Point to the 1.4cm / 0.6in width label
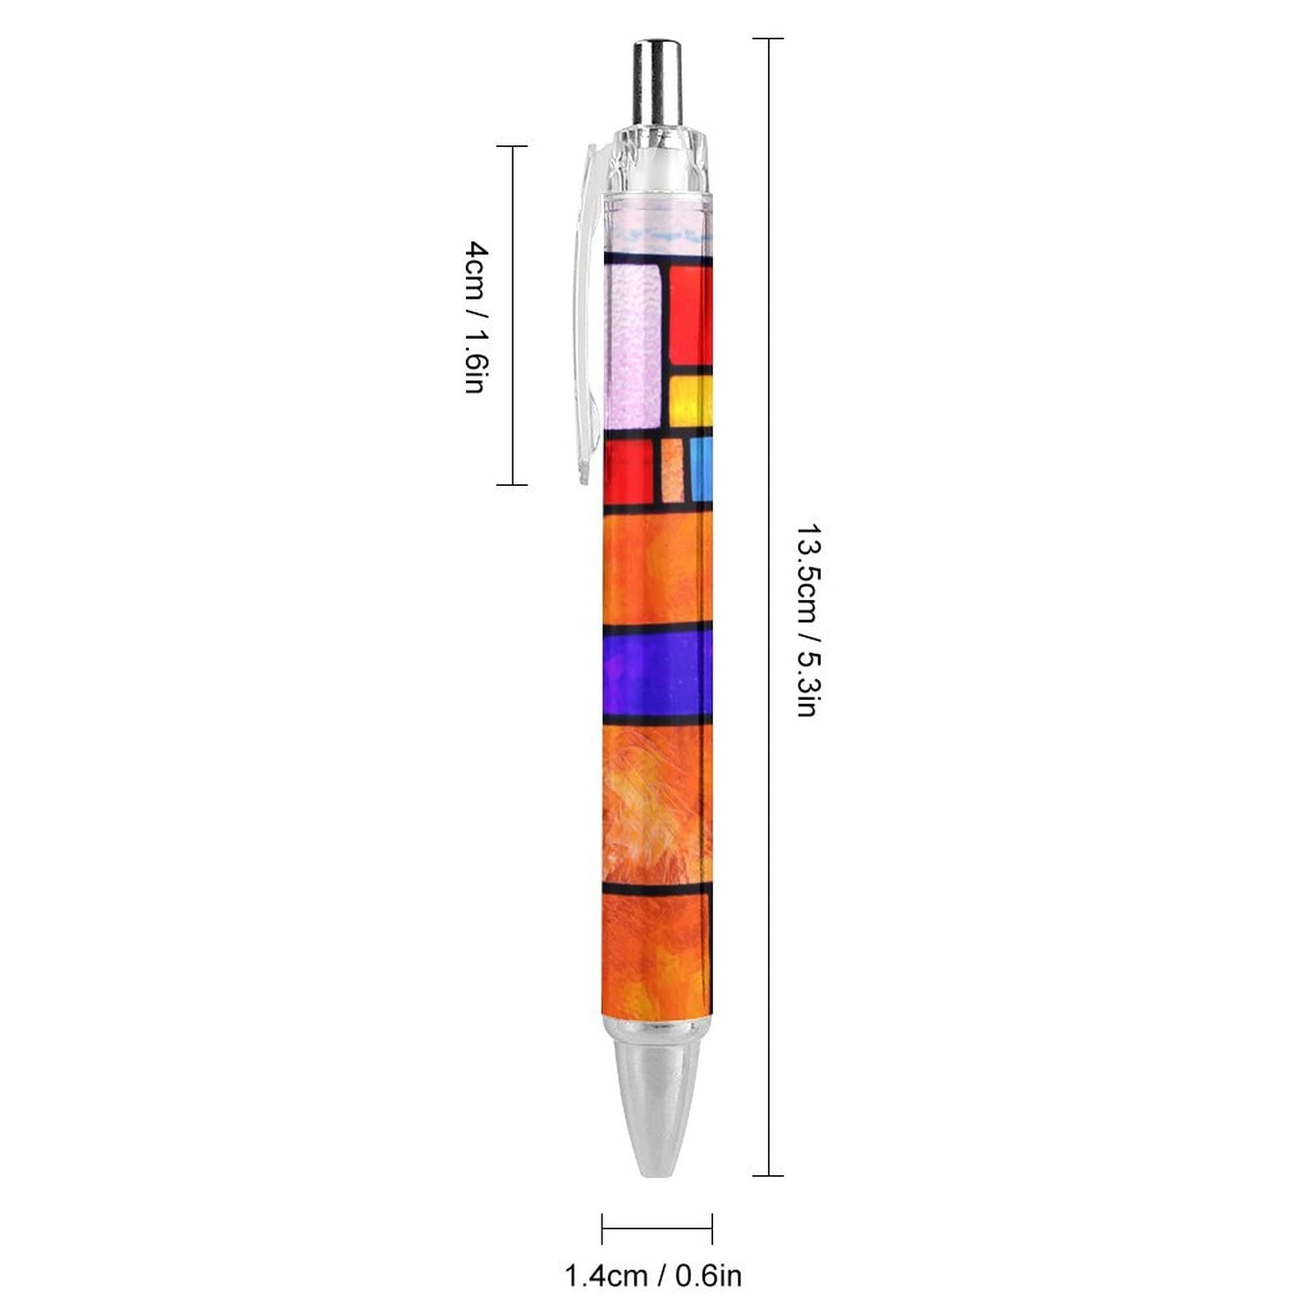[x=653, y=1276]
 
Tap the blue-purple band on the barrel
[x=657, y=674]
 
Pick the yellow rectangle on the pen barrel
[x=691, y=401]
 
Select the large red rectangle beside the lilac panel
[x=691, y=315]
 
